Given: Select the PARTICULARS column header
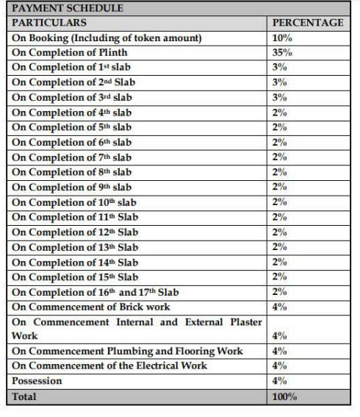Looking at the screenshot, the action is click(x=49, y=23).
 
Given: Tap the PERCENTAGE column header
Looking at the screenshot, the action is click(x=308, y=23).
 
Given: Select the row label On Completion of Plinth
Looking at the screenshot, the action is click(x=69, y=52).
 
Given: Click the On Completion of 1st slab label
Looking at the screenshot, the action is click(x=71, y=68).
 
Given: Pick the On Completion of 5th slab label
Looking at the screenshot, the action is click(x=71, y=127).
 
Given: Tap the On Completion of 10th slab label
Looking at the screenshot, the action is click(x=74, y=202).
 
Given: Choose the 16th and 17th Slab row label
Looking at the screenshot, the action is click(x=95, y=292).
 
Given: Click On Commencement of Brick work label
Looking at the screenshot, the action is click(x=91, y=307).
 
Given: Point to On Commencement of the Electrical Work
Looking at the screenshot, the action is click(x=109, y=366).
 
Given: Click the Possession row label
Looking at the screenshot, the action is click(x=37, y=381).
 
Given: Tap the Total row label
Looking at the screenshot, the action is click(x=24, y=396).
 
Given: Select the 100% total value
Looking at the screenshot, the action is click(x=285, y=396).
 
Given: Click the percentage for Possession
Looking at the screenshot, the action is click(x=280, y=381).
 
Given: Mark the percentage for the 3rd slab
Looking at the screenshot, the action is click(x=280, y=97).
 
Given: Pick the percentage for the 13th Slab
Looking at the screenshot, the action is click(x=280, y=247).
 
